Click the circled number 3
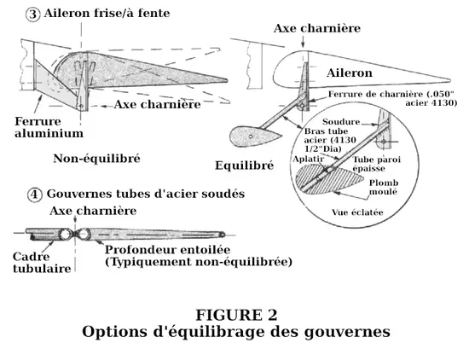pyautogui.click(x=33, y=15)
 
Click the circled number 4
pyautogui.click(x=35, y=195)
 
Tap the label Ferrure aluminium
pyautogui.click(x=49, y=127)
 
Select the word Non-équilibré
pyautogui.click(x=96, y=159)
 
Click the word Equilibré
pyautogui.click(x=245, y=165)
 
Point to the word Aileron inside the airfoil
pyautogui.click(x=350, y=73)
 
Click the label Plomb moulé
pyautogui.click(x=384, y=187)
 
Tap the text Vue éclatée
pyautogui.click(x=357, y=212)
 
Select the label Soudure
pyautogui.click(x=341, y=122)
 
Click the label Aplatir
pyautogui.click(x=309, y=159)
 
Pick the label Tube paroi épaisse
pyautogui.click(x=377, y=164)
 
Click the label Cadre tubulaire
pyautogui.click(x=42, y=263)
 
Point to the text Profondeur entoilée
pyautogui.click(x=167, y=250)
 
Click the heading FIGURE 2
pyautogui.click(x=236, y=315)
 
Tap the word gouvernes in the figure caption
pyautogui.click(x=347, y=332)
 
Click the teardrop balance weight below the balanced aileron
pyautogui.click(x=255, y=136)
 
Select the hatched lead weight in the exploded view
pyautogui.click(x=329, y=179)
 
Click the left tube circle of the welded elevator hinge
pyautogui.click(x=65, y=235)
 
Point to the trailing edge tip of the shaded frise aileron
pyautogui.click(x=227, y=80)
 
